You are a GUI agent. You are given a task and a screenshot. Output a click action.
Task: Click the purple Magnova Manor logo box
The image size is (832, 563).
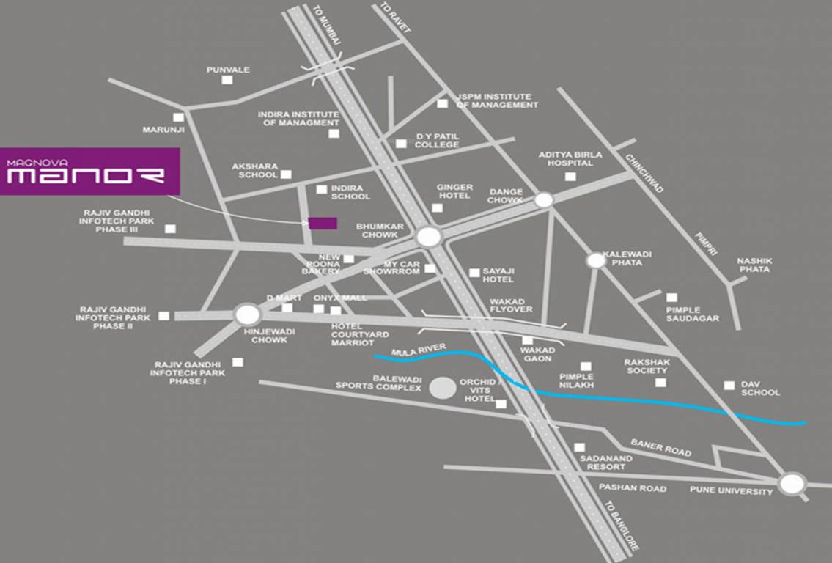pyautogui.click(x=89, y=172)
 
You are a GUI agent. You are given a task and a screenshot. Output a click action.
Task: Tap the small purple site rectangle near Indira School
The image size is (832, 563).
pyautogui.click(x=323, y=224)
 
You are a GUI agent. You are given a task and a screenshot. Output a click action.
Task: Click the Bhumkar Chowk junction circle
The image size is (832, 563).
pyautogui.click(x=428, y=236)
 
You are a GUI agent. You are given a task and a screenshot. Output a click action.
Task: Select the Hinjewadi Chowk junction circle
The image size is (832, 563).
pyautogui.click(x=248, y=315)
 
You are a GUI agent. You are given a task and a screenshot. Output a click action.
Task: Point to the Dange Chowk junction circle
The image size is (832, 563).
pyautogui.click(x=543, y=200)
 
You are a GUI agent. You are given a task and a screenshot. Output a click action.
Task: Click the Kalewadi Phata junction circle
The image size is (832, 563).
pyautogui.click(x=596, y=260)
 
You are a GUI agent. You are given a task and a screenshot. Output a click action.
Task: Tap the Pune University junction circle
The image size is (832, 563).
pyautogui.click(x=792, y=484)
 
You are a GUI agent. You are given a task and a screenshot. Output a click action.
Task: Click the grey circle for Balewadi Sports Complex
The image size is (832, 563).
pyautogui.click(x=442, y=389)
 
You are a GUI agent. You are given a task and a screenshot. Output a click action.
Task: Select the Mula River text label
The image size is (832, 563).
pyautogui.click(x=410, y=353)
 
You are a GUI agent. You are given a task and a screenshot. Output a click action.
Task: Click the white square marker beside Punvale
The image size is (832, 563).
pyautogui.click(x=227, y=79)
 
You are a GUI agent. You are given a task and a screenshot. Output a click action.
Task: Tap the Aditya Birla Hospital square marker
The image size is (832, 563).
pyautogui.click(x=570, y=177)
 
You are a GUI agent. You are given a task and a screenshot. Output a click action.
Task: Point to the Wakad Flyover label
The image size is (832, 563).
pyautogui.click(x=512, y=305)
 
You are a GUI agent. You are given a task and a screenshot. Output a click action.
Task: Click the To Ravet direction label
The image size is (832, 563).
pyautogui.click(x=395, y=18)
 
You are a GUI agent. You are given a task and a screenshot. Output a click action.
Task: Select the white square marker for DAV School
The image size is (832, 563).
pyautogui.click(x=729, y=385)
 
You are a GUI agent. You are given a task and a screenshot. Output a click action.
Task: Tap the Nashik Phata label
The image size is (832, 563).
pyautogui.click(x=754, y=265)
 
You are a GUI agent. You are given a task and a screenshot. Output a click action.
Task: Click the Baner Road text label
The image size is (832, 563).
pyautogui.click(x=661, y=448)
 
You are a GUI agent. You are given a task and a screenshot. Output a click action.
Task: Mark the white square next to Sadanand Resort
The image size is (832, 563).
pyautogui.click(x=580, y=447)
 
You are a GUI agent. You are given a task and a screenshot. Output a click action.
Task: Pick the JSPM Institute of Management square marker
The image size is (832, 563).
pyautogui.click(x=442, y=103)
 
